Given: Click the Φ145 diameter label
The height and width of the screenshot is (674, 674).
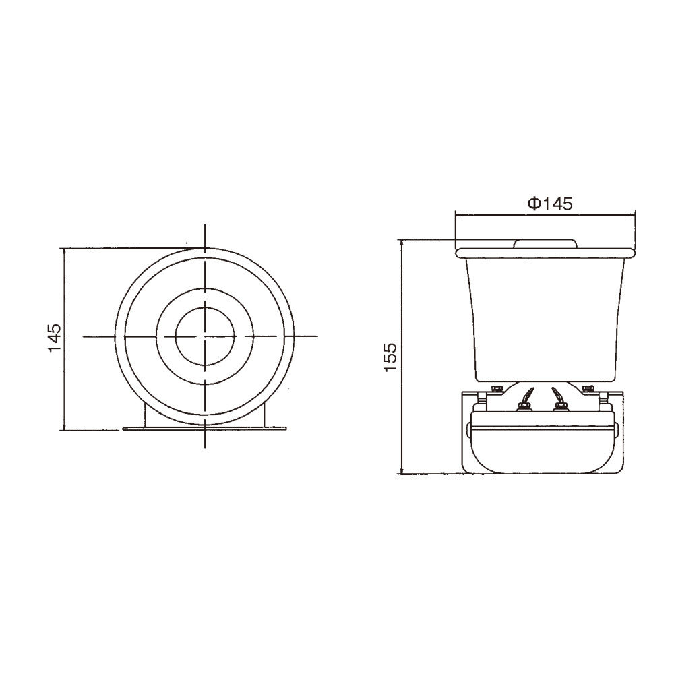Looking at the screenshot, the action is pyautogui.click(x=550, y=204).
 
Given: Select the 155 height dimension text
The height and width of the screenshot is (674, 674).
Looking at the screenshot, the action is pyautogui.click(x=391, y=357).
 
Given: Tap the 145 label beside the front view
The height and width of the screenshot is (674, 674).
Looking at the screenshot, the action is pyautogui.click(x=55, y=338).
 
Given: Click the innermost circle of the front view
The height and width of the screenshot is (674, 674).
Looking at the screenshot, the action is pyautogui.click(x=206, y=336).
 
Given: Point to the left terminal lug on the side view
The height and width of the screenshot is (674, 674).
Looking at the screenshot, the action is pyautogui.click(x=525, y=398).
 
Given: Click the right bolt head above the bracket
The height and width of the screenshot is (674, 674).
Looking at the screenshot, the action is pyautogui.click(x=588, y=389).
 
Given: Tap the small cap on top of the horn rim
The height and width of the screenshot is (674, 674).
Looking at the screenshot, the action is pyautogui.click(x=545, y=243).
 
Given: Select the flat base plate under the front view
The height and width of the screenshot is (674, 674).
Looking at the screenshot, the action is pyautogui.click(x=205, y=428).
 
